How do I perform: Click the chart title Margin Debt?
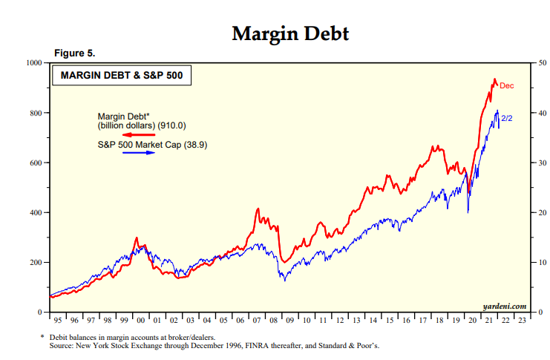[x=289, y=33]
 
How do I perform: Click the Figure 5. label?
[x=75, y=53]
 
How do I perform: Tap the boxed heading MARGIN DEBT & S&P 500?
[x=121, y=75]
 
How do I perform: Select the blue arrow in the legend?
[x=141, y=153]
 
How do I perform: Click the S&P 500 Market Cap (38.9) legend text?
[x=152, y=144]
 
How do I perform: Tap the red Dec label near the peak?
[x=506, y=86]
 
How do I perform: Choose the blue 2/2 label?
[x=508, y=118]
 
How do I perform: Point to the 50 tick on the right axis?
[x=543, y=63]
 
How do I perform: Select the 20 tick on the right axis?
[x=543, y=213]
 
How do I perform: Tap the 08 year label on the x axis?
[x=274, y=322]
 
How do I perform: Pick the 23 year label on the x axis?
[x=523, y=322]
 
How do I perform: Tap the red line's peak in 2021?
[x=494, y=79]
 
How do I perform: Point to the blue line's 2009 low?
[x=283, y=280]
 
